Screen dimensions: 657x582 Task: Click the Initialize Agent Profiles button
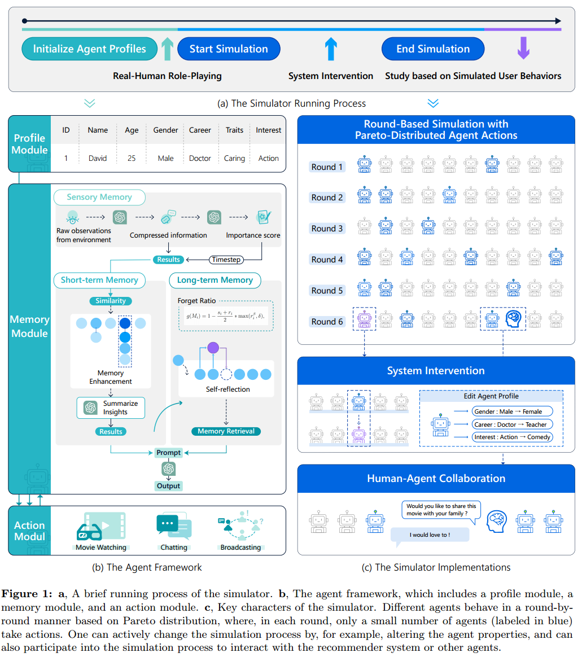89,49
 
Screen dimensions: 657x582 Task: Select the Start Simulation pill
229,49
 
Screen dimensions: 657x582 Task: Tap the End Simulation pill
432,49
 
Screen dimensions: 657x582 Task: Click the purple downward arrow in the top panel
523,49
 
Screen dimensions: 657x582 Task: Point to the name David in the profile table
97,159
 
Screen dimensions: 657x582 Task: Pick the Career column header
200,130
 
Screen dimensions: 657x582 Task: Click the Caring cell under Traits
234,159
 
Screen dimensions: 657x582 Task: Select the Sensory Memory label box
99,197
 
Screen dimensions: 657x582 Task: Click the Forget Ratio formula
225,316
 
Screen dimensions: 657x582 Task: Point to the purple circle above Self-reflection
213,348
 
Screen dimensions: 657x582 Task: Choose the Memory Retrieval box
226,431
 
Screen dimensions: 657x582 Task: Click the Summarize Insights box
111,408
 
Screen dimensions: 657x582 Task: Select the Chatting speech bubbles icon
173,528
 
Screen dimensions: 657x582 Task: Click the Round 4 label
327,260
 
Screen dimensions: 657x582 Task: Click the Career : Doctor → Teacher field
512,424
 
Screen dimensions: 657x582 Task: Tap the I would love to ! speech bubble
430,535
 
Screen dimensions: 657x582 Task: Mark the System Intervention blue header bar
436,371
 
